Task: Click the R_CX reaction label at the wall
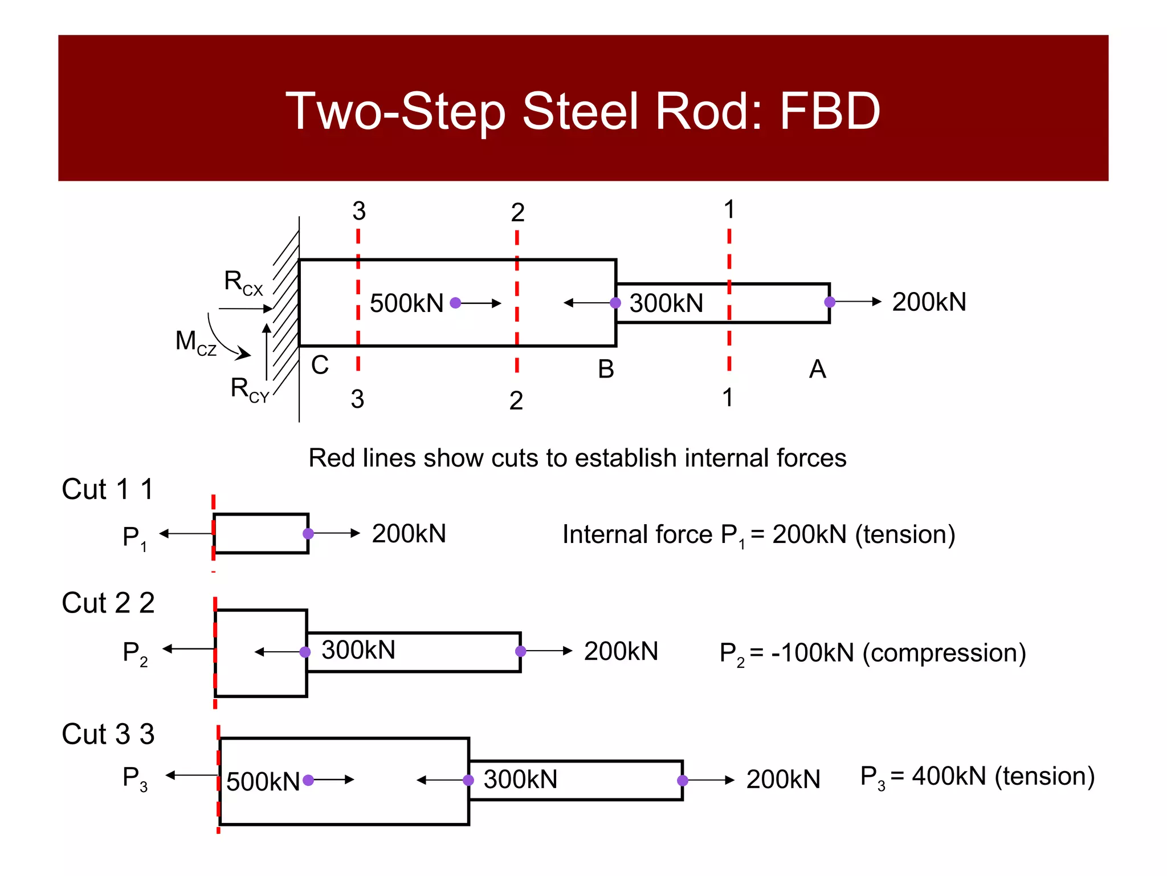[243, 282]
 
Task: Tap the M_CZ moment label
[195, 342]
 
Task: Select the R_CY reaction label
[249, 390]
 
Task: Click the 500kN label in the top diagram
[406, 303]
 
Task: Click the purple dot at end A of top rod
[830, 302]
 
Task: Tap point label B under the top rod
[606, 369]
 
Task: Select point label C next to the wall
[320, 365]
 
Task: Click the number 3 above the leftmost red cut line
[358, 211]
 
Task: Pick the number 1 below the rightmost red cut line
[728, 398]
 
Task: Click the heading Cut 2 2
[108, 603]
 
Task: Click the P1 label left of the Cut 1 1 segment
[134, 537]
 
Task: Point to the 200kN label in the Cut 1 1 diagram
[409, 534]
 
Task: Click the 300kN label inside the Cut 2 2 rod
[358, 650]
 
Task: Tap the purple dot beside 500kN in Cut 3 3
[308, 780]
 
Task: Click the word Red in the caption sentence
[329, 458]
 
